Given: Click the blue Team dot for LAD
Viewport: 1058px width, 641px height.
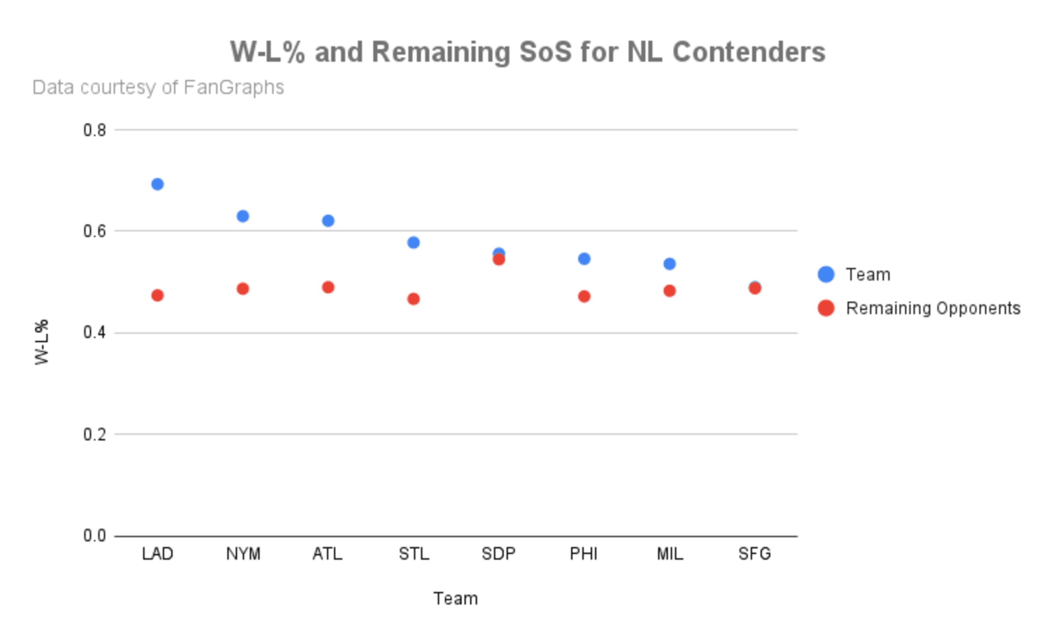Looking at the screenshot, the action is point(157,185).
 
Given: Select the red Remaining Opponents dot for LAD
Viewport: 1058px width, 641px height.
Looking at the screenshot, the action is point(157,296).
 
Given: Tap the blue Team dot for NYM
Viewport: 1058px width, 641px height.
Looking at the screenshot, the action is point(243,216).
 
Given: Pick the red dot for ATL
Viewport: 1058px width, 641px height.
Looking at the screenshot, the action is point(328,287).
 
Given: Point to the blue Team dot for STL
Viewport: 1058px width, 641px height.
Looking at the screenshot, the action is point(414,243).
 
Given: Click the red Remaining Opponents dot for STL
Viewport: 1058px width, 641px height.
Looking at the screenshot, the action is point(414,299).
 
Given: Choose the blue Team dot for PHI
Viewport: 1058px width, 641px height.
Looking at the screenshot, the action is point(584,259).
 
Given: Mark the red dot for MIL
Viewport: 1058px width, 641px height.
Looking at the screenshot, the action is point(670,291).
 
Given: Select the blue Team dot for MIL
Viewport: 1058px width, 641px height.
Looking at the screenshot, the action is point(670,264).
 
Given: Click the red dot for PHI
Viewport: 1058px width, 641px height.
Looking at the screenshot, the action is point(584,297).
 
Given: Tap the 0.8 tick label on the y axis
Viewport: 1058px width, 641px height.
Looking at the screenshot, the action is point(95,130).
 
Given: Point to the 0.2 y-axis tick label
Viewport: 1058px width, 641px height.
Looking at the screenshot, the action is point(95,434).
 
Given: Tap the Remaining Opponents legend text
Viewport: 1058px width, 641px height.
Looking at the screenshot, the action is point(934,309).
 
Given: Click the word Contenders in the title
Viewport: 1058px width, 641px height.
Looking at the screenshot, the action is point(749,52).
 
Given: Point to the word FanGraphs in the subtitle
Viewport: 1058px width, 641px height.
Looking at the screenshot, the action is point(234,88).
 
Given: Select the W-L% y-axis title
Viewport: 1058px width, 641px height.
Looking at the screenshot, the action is point(42,342).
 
